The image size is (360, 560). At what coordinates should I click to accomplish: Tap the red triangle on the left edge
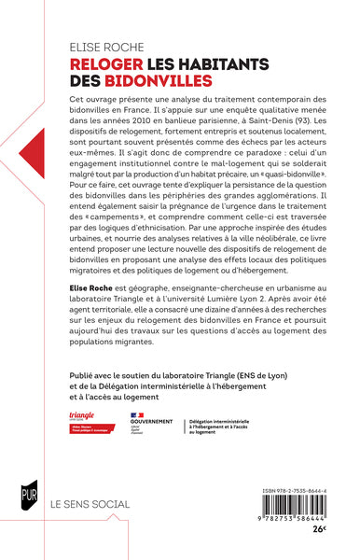9,155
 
